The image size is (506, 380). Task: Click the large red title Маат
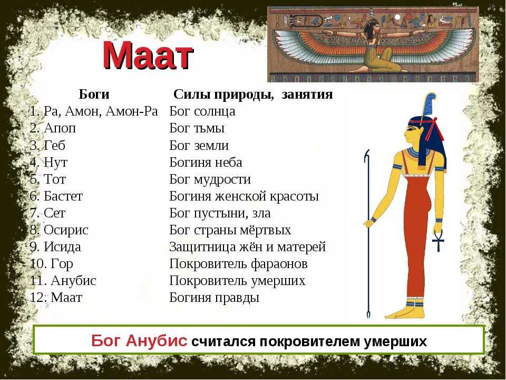pos(148,55)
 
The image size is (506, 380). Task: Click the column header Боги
pos(94,94)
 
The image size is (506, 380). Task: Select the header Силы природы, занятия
pos(253,94)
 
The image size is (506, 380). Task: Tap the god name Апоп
pos(60,128)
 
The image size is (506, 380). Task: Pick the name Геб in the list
pos(54,145)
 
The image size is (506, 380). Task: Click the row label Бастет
pos(63,196)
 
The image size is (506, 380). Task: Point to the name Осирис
pos(66,230)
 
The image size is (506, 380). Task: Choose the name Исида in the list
pos(62,247)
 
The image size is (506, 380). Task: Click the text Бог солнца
pos(202,111)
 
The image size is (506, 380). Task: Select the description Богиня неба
pos(206,162)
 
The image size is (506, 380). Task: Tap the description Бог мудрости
pos(210,179)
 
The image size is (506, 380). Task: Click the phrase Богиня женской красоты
pos(244,196)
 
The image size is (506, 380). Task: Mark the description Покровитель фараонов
pos(238,264)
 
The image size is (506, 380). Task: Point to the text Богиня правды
pos(215,298)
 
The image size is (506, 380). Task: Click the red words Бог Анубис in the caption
pos(139,341)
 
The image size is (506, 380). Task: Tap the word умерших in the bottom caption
pos(395,341)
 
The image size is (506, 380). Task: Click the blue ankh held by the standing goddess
pos(439,240)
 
